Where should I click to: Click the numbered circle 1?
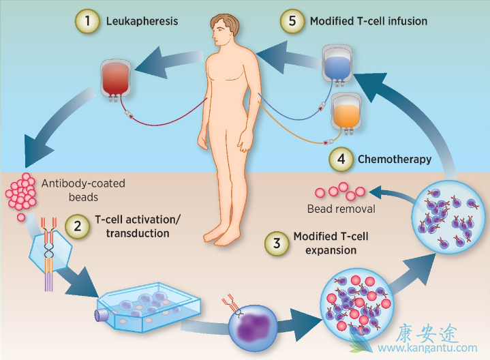(x=87, y=21)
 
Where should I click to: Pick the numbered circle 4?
(x=340, y=160)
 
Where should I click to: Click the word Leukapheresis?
(x=142, y=21)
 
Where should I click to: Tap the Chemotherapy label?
(x=395, y=160)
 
